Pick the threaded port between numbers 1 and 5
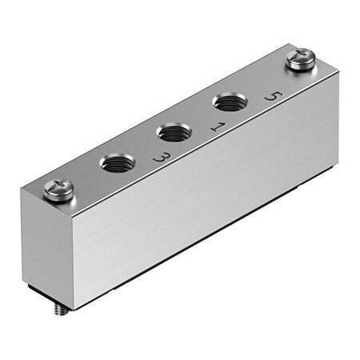pos(226,104)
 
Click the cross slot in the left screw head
pos(57,189)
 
